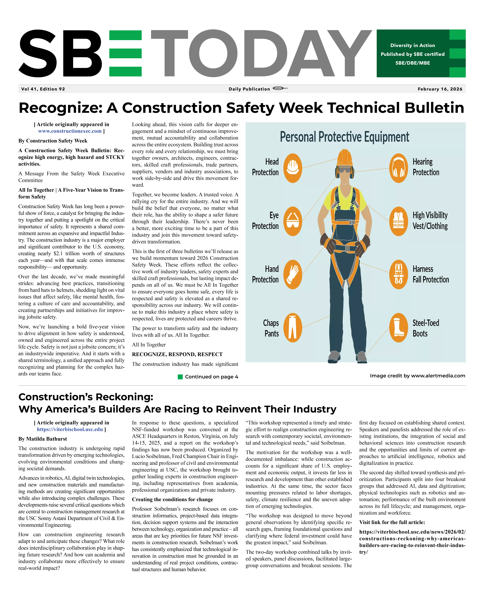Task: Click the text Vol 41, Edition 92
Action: click(43, 89)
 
